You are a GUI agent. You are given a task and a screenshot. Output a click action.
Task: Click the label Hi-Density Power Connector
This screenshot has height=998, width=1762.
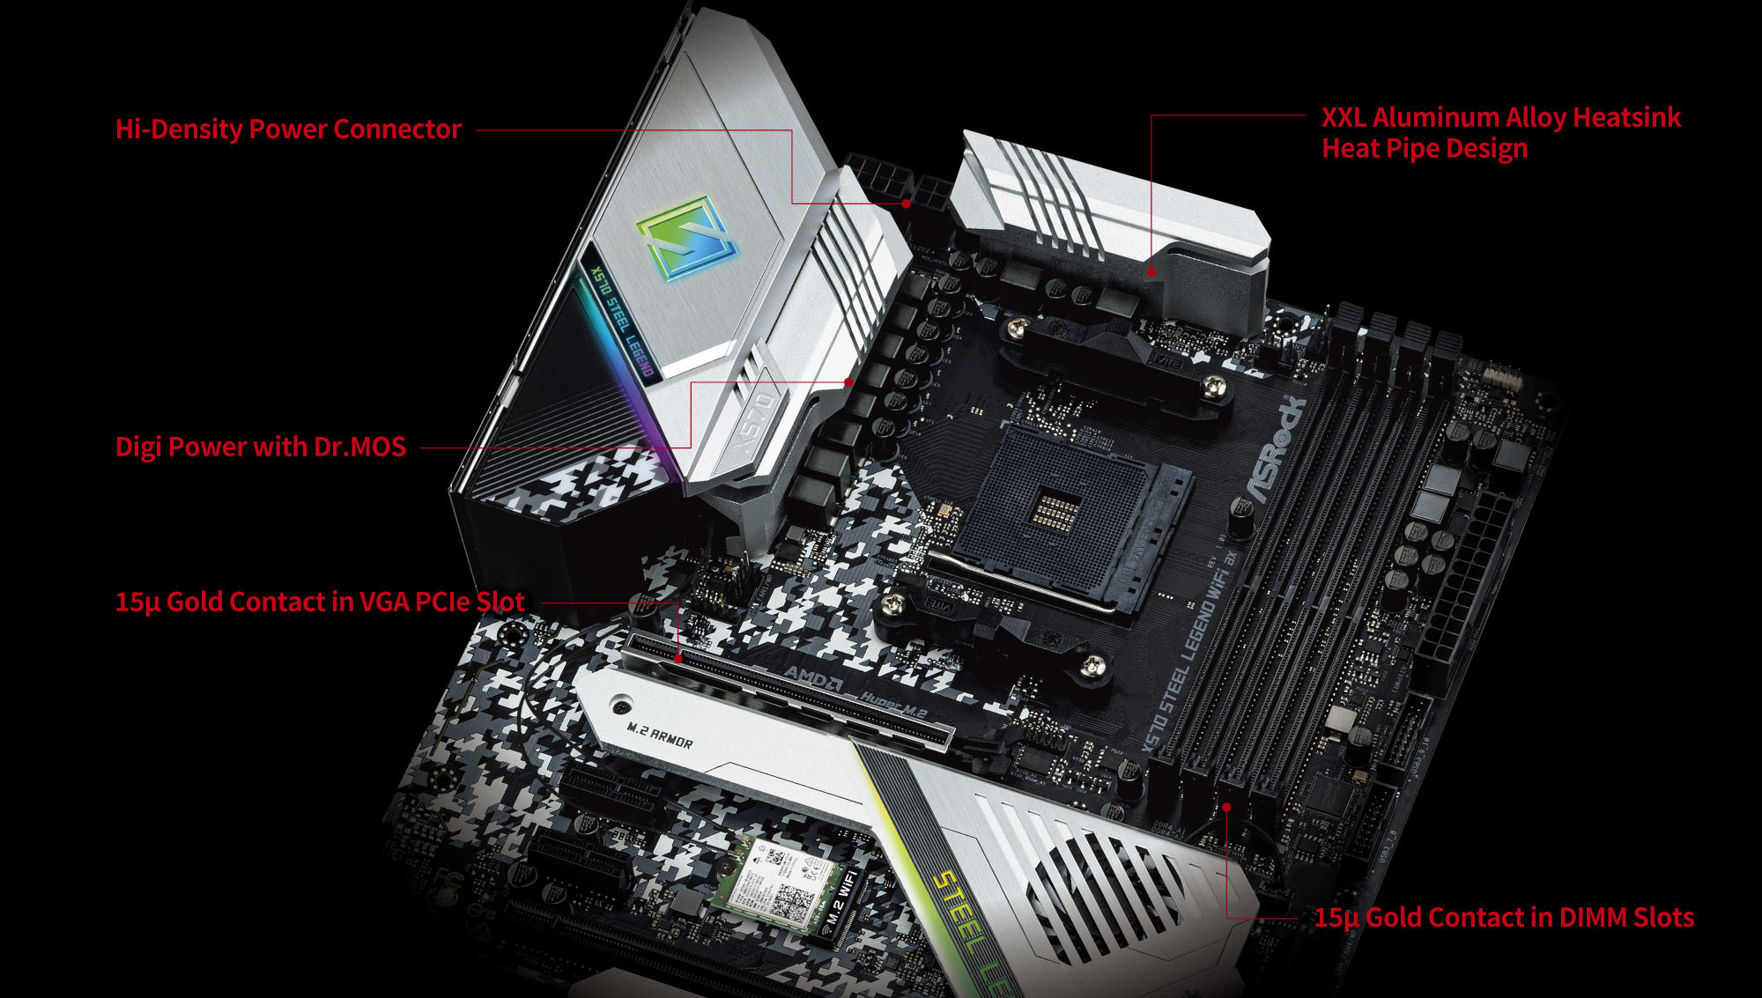(288, 129)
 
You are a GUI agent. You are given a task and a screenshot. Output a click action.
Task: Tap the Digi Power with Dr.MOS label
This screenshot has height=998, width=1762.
(261, 447)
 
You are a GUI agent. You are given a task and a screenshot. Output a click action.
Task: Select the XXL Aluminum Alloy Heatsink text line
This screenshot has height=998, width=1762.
(1500, 117)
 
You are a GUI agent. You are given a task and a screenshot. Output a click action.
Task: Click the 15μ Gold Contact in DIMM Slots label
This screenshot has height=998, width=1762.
(1504, 917)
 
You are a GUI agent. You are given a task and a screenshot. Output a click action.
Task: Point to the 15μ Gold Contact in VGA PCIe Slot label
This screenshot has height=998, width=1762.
(320, 602)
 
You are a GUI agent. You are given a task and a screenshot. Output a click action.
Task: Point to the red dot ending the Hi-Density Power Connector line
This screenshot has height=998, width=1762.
(906, 203)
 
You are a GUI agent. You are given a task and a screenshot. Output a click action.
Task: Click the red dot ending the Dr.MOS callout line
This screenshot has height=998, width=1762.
(848, 382)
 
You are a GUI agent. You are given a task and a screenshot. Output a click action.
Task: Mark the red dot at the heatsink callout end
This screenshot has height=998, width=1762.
(1151, 272)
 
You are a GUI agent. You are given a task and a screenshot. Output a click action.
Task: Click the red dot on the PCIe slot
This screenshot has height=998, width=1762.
(678, 658)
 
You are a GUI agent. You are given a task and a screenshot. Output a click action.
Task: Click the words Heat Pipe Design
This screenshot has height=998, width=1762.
(1424, 148)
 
